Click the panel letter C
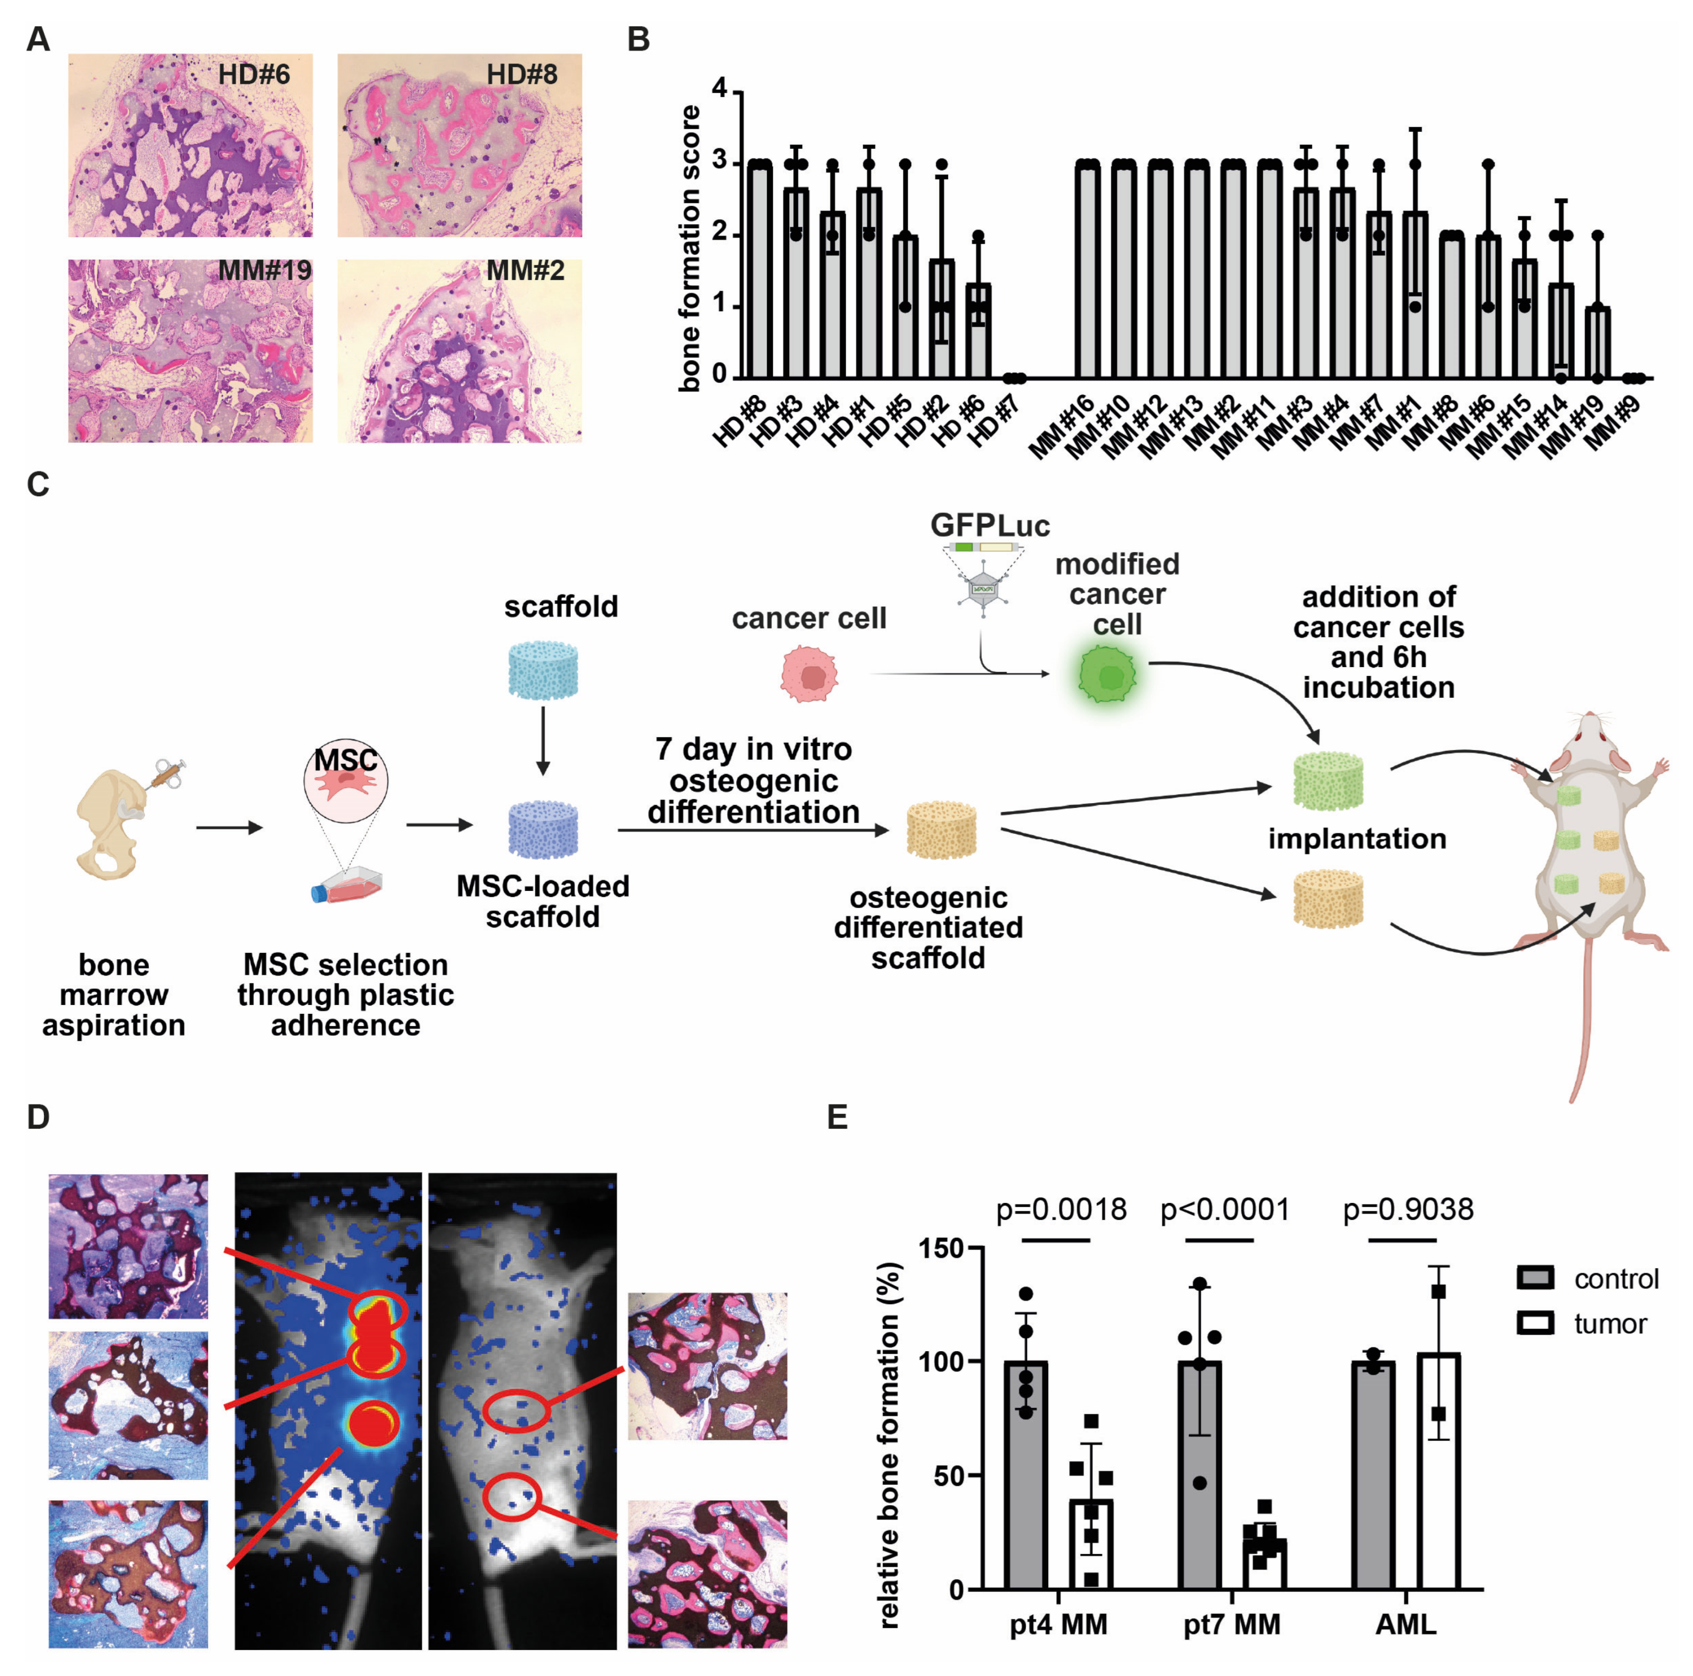[x=38, y=485]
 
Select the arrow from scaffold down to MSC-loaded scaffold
[x=543, y=740]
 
